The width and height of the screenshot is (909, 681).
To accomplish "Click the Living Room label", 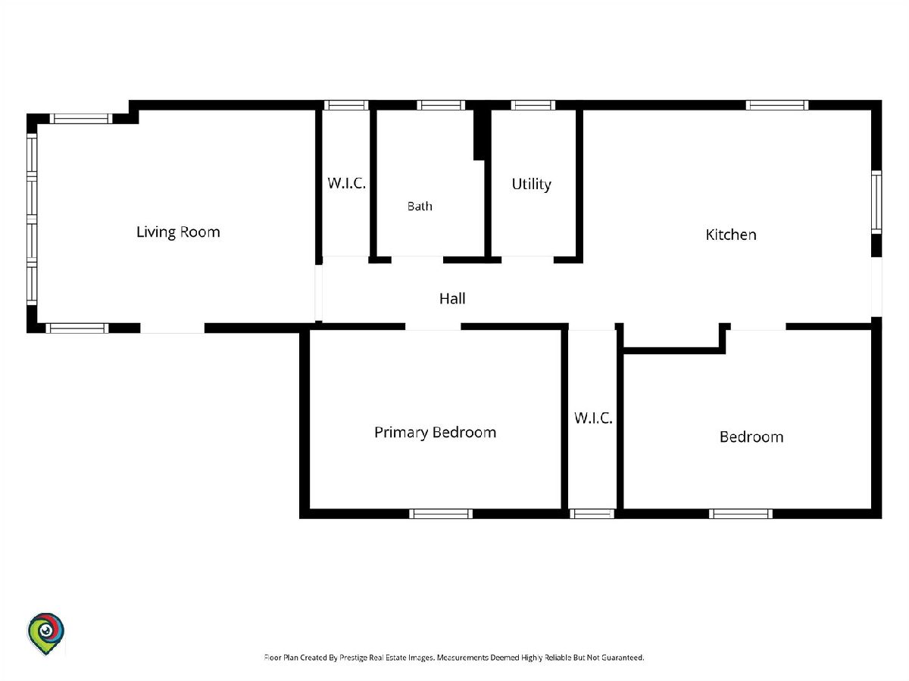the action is tap(178, 232).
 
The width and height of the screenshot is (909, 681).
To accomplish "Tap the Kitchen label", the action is tap(731, 235).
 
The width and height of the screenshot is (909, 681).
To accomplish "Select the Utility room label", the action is tap(531, 184).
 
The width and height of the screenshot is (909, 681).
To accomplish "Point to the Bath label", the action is tap(420, 206).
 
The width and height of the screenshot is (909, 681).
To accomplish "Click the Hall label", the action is tap(452, 299).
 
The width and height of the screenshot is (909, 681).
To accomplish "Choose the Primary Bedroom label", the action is tap(436, 433).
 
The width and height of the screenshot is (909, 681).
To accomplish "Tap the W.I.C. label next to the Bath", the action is tap(347, 183).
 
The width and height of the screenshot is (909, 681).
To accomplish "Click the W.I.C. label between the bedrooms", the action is tap(593, 418).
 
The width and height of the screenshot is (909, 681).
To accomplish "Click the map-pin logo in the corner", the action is tap(46, 633).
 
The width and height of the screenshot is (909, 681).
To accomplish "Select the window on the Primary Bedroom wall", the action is tap(441, 514).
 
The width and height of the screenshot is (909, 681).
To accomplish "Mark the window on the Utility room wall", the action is tap(533, 105).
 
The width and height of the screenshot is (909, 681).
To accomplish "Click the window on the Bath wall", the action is tap(441, 105).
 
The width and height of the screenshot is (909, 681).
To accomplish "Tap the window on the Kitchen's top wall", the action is tap(777, 105).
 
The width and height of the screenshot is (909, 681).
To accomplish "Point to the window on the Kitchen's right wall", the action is tap(876, 202).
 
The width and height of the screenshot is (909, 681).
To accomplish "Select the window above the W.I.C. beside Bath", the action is tap(346, 105).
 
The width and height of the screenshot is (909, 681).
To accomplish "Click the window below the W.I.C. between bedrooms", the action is tap(592, 514).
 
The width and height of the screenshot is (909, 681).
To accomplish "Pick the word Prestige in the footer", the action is tap(353, 657).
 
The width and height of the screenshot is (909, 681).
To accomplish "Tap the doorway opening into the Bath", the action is tap(417, 260).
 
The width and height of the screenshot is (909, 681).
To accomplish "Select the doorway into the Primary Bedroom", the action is tap(433, 327).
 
